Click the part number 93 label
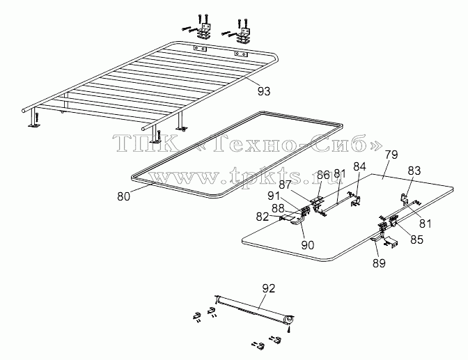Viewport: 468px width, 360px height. tap(264, 91)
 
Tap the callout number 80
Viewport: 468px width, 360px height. tap(123, 196)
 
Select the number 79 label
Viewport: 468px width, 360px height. tap(391, 155)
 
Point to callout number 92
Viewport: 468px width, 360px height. tap(269, 288)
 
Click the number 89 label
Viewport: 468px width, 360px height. tap(379, 263)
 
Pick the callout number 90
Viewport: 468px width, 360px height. tap(308, 245)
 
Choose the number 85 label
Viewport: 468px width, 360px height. tap(416, 239)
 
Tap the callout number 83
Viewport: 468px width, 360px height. tap(414, 171)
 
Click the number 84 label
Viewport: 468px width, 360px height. tap(359, 166)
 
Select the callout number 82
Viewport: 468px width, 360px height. tap(263, 217)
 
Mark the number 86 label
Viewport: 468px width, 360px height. tap(322, 174)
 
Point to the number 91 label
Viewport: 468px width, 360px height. tap(274, 196)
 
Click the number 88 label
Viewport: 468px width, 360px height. tap(278, 208)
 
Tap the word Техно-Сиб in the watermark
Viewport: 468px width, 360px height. tap(283, 142)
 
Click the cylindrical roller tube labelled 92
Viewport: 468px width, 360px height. tap(255, 308)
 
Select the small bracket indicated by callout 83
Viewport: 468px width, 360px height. tap(404, 199)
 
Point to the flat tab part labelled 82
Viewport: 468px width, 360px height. tap(287, 218)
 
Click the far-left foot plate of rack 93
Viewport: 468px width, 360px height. tap(35, 126)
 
